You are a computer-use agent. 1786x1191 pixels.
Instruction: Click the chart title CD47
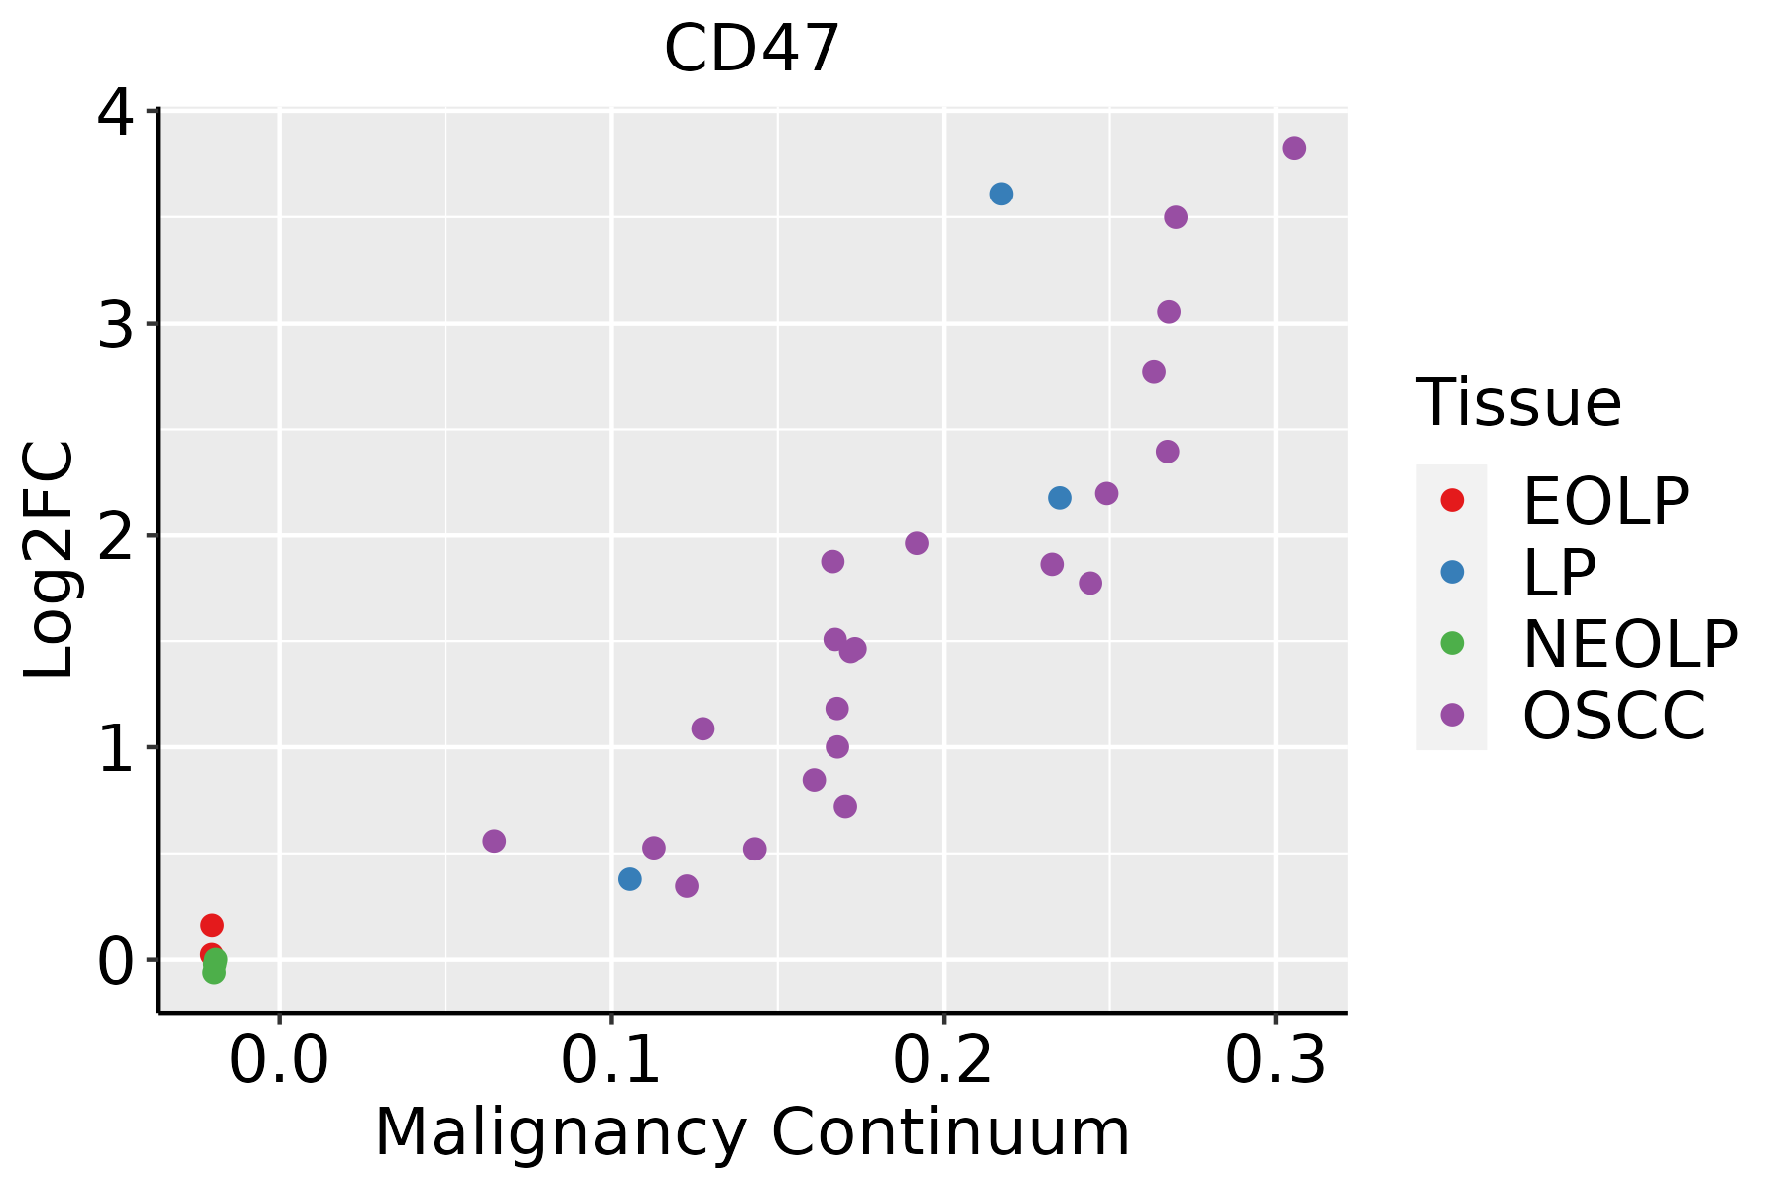(752, 50)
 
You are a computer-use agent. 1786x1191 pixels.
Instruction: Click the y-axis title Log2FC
(50, 560)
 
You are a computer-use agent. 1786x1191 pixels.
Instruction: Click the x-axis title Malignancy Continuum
(752, 1133)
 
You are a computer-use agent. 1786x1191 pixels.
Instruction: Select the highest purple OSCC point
(1294, 148)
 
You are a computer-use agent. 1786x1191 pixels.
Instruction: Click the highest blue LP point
(1001, 194)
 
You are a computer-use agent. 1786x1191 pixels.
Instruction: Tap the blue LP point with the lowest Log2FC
(629, 879)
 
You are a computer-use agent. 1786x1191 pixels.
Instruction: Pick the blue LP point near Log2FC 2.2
(1060, 497)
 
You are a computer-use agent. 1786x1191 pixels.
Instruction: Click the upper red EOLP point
(212, 925)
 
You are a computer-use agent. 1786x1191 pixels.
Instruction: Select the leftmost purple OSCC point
(494, 841)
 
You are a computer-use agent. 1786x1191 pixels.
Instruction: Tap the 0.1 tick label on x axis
(611, 1062)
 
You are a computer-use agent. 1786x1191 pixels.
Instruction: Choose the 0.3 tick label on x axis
(1275, 1062)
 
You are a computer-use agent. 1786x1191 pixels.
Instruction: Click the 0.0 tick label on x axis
(279, 1062)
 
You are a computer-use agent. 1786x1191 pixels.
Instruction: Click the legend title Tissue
(1518, 403)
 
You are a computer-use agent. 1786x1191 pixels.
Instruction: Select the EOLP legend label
(1605, 501)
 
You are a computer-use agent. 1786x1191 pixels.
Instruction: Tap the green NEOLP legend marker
(1452, 643)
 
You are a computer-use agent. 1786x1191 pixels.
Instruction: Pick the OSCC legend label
(1613, 716)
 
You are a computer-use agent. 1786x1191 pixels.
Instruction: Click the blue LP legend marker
(1452, 572)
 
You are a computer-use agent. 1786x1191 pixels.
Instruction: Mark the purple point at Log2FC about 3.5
(1176, 217)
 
